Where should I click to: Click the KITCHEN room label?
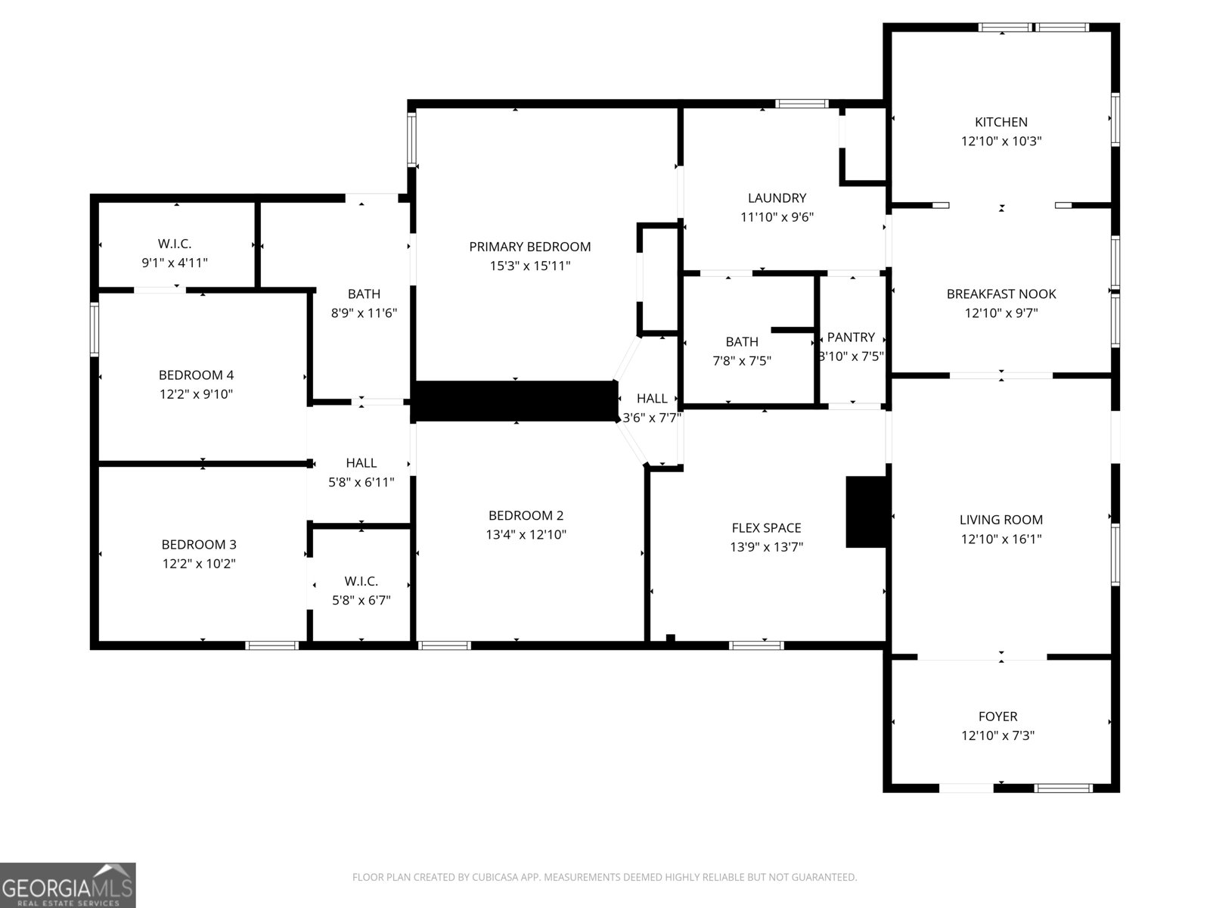point(1001,122)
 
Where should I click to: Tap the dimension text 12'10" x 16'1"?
point(1001,539)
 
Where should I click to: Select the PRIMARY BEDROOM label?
point(529,247)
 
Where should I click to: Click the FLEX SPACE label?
point(766,528)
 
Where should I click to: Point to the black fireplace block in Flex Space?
point(866,512)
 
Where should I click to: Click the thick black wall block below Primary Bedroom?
point(516,401)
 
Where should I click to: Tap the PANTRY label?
point(851,337)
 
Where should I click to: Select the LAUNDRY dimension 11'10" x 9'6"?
point(777,217)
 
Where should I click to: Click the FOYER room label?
point(997,716)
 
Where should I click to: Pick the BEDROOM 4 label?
point(196,375)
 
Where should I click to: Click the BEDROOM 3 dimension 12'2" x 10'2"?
point(199,564)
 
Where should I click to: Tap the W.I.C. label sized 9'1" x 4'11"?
point(175,244)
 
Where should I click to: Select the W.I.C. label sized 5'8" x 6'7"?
point(361,581)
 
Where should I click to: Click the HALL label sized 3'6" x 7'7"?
point(651,399)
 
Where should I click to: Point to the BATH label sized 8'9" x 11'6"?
point(364,294)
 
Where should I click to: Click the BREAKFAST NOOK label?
point(1001,294)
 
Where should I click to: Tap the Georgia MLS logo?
point(67,885)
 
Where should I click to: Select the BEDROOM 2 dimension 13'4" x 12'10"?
point(526,535)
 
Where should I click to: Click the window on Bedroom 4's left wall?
point(95,329)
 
